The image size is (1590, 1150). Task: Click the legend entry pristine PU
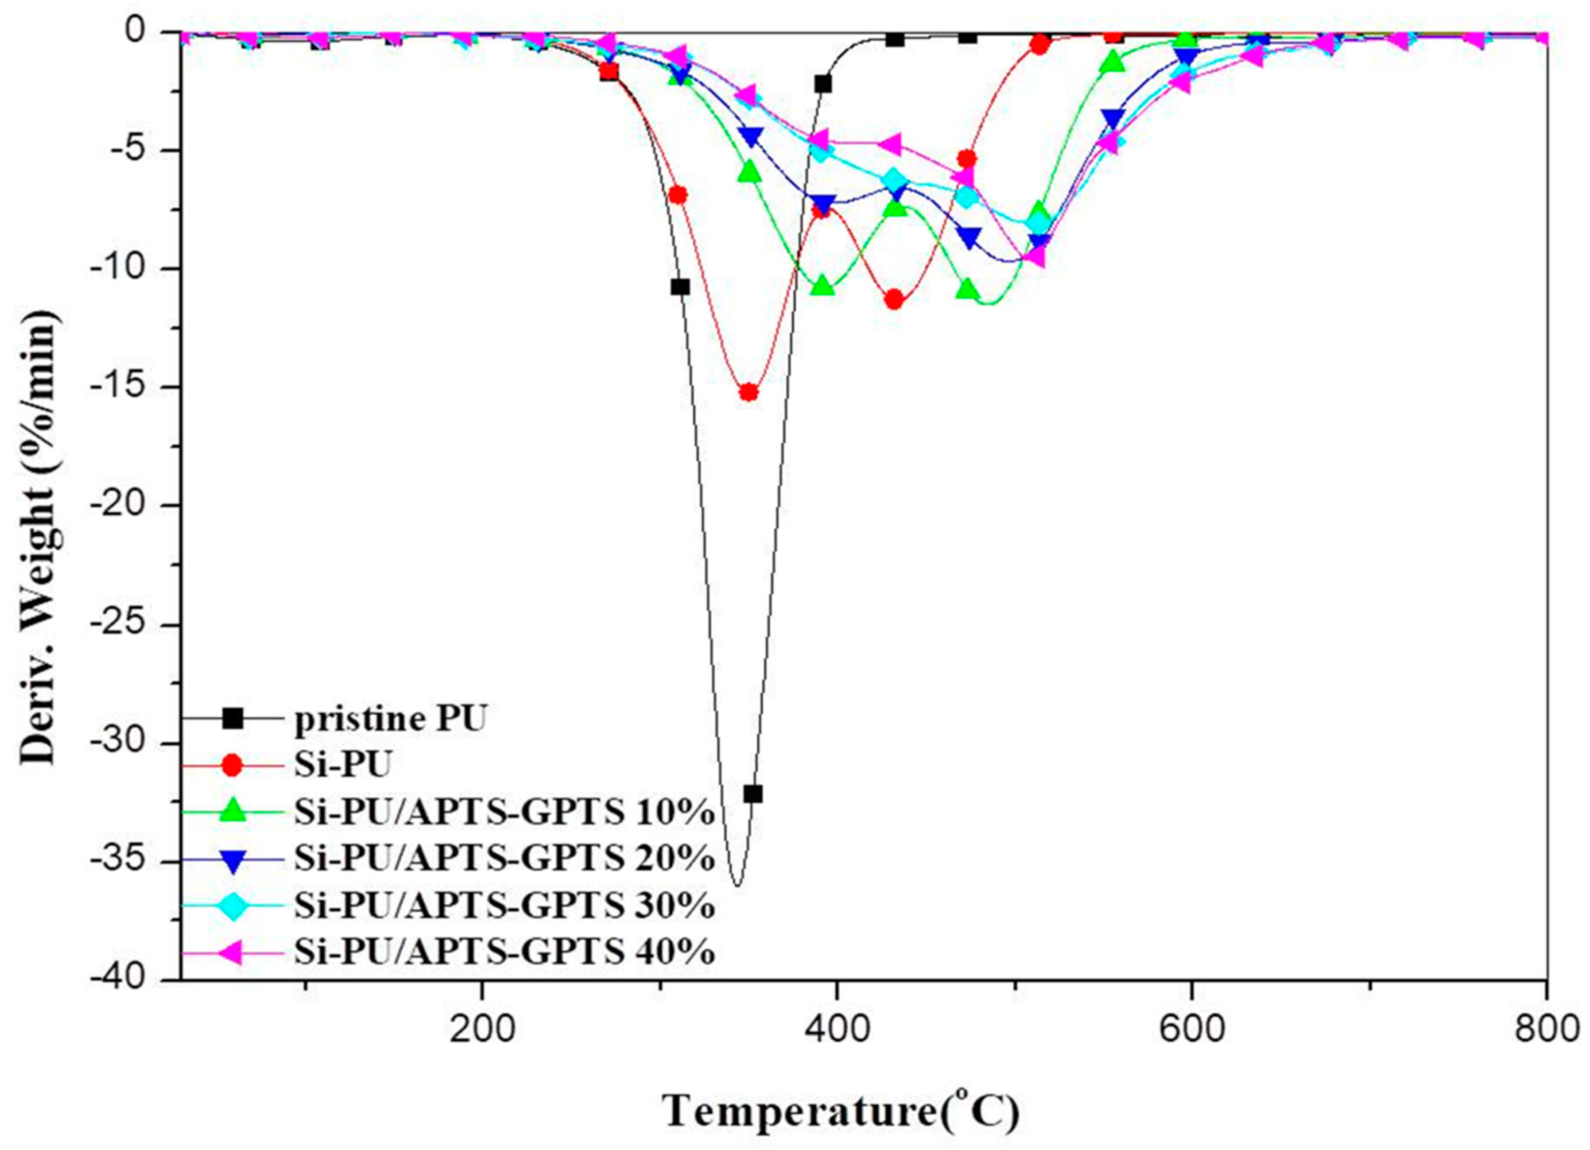point(389,720)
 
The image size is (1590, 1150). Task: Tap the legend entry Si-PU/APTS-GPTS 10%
point(504,813)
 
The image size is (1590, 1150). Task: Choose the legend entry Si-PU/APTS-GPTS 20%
point(504,859)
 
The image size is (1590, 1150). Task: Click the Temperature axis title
point(841,1111)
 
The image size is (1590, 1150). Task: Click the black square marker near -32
point(753,794)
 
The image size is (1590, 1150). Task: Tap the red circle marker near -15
point(749,392)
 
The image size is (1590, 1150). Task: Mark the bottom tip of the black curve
point(736,885)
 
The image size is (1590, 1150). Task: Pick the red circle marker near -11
point(894,300)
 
